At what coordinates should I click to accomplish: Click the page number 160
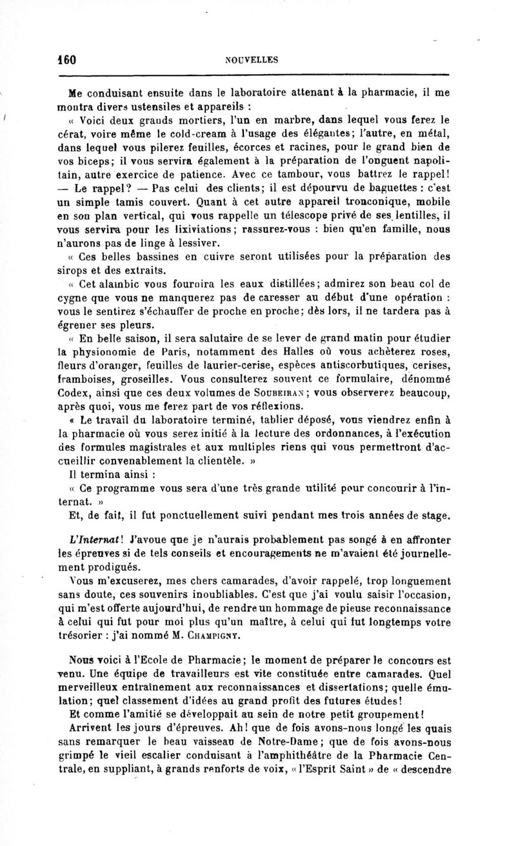[66, 59]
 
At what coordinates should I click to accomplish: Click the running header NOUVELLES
[252, 60]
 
